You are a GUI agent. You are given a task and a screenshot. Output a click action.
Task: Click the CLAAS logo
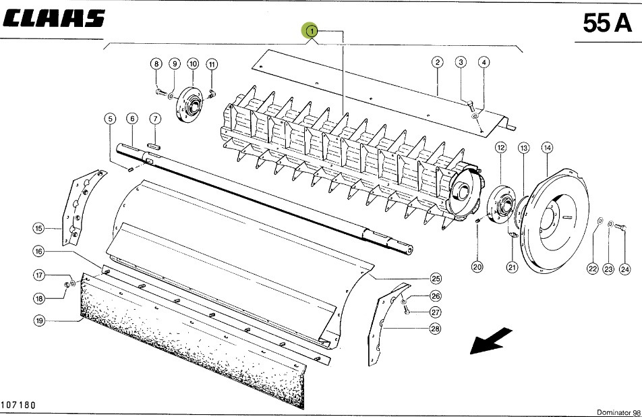click(54, 18)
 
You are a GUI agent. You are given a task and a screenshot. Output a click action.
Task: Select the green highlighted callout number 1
click(311, 31)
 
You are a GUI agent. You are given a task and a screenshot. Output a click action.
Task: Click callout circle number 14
click(546, 147)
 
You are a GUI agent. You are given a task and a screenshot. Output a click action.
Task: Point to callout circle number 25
click(436, 279)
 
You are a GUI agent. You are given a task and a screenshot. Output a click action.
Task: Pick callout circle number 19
click(40, 322)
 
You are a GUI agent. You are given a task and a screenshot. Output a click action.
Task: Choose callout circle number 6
click(132, 119)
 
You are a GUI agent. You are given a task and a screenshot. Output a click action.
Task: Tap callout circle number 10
click(193, 63)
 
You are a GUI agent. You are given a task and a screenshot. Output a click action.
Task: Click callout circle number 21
click(512, 268)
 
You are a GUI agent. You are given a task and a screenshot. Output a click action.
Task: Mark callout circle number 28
click(436, 329)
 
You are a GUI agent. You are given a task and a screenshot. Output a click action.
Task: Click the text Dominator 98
click(618, 412)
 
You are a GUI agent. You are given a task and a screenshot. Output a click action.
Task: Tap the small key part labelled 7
click(154, 143)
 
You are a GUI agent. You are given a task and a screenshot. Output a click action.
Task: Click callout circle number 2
click(438, 63)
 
